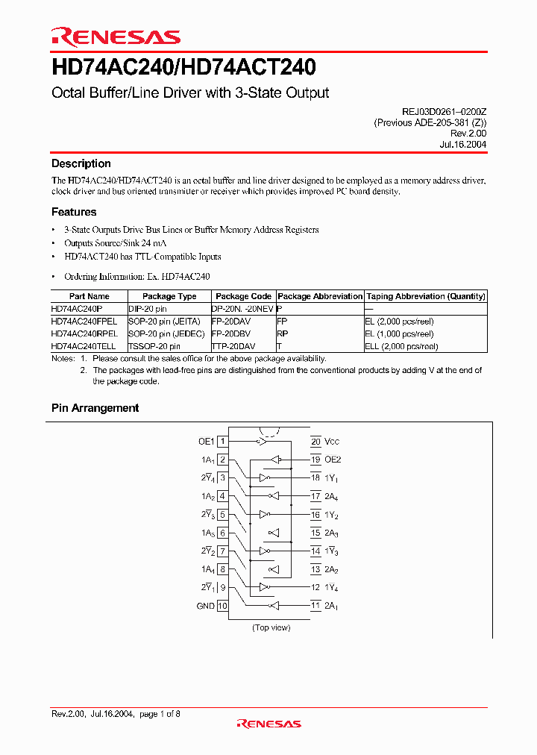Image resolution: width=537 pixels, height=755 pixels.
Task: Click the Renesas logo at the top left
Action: (116, 37)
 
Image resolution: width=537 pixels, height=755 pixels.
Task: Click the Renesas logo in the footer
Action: (268, 723)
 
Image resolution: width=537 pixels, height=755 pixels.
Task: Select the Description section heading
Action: (81, 163)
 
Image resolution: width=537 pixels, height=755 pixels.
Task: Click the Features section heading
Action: (74, 212)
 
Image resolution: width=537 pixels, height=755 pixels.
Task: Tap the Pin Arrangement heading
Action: (95, 408)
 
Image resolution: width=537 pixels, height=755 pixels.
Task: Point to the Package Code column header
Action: (243, 296)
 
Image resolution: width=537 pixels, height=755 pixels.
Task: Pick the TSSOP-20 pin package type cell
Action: (154, 346)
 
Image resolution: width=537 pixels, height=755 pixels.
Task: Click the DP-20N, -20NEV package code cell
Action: (243, 307)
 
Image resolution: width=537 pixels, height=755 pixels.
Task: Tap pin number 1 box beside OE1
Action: (222, 442)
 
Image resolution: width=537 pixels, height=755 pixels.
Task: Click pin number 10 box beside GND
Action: (222, 606)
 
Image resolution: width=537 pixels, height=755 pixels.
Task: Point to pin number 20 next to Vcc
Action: (315, 442)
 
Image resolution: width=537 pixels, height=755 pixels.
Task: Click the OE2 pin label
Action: (333, 460)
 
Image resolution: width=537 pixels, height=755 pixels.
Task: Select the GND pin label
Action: (205, 606)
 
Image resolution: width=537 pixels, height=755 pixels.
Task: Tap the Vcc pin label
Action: (333, 442)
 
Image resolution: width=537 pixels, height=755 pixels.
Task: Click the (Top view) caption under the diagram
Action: (271, 627)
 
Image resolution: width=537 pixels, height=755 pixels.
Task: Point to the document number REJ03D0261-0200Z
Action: (444, 110)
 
